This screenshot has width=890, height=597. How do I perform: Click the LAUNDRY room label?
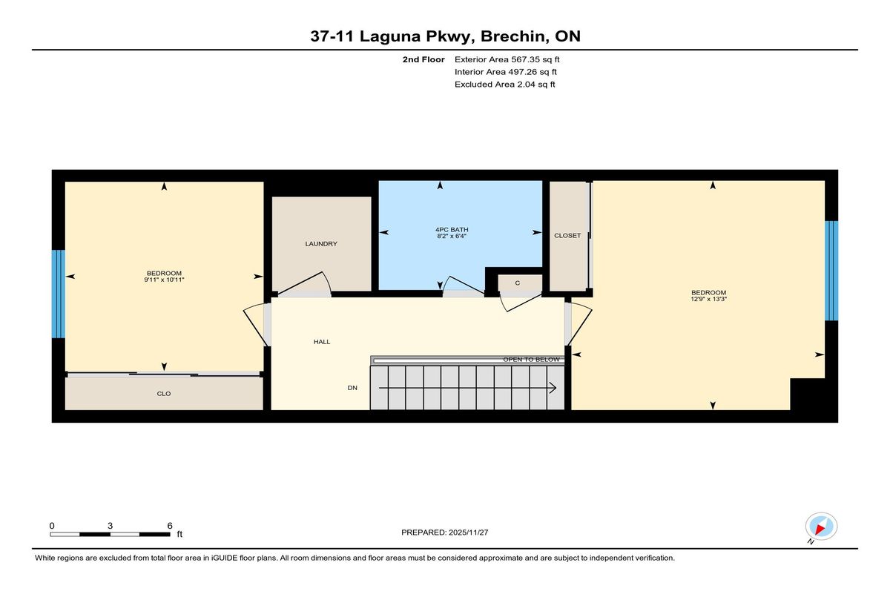tap(321, 243)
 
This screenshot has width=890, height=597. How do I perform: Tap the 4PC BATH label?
tap(452, 230)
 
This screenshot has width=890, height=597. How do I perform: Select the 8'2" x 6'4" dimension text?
tap(452, 236)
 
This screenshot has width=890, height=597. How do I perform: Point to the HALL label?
tap(322, 342)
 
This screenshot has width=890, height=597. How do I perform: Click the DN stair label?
tap(352, 388)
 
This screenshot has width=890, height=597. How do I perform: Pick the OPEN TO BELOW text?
tap(531, 360)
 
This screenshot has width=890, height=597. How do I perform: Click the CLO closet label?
tap(164, 394)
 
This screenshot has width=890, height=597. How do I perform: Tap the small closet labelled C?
tap(518, 283)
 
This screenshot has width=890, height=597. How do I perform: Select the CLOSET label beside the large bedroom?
tap(567, 236)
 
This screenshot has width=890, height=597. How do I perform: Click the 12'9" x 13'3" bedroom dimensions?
tap(708, 299)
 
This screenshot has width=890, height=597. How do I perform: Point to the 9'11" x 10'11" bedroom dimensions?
tap(164, 280)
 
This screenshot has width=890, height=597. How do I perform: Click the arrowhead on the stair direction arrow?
tap(553, 388)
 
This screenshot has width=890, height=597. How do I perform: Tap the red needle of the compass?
tap(820, 529)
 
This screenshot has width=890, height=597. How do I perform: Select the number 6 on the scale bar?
tap(170, 526)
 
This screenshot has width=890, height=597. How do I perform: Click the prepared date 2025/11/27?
tap(468, 532)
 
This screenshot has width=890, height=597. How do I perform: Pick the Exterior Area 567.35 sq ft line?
tap(507, 59)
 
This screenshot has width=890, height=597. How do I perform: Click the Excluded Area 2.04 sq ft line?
tap(504, 85)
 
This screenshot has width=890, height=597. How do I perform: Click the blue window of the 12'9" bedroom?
tap(831, 271)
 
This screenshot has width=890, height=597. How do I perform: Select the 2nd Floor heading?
tap(423, 59)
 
